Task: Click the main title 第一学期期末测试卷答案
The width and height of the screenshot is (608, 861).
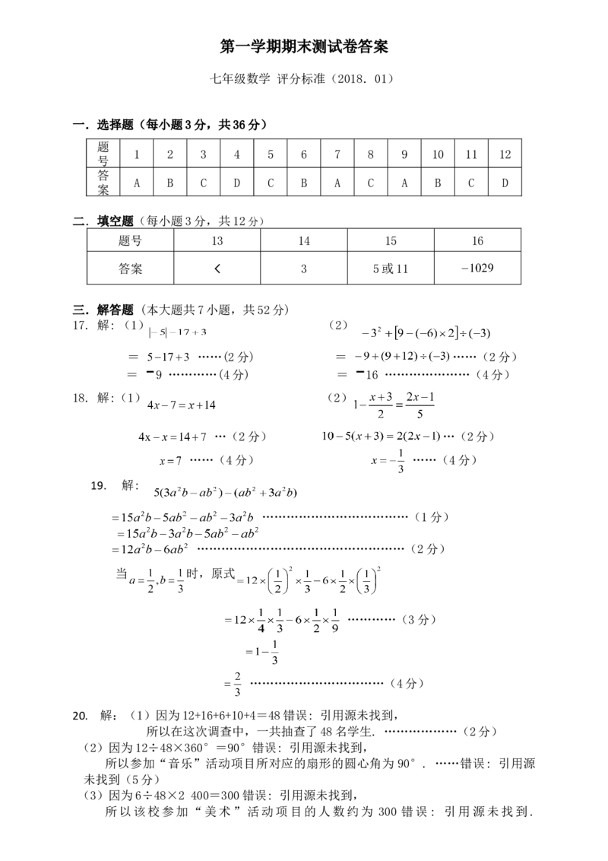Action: tap(304, 47)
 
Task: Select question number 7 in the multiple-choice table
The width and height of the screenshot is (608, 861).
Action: tap(337, 154)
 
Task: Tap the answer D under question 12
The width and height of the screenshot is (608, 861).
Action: tap(505, 183)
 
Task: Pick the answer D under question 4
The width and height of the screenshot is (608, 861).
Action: tap(236, 183)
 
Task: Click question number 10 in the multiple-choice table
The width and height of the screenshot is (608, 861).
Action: tap(438, 154)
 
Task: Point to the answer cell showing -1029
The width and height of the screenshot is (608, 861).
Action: tap(477, 268)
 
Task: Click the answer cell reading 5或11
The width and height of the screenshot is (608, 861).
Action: tap(391, 268)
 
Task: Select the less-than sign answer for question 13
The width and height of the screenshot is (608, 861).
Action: tap(217, 268)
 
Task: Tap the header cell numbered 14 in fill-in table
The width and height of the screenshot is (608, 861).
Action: tap(304, 240)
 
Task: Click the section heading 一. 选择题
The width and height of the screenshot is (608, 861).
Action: tap(103, 125)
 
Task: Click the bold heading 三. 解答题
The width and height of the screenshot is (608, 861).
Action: tap(103, 310)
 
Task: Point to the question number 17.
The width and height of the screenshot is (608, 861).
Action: tap(80, 326)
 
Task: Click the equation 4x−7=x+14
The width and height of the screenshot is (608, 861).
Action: tap(182, 405)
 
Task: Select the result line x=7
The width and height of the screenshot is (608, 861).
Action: tap(171, 461)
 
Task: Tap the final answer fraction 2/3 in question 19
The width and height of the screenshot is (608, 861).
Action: tap(237, 685)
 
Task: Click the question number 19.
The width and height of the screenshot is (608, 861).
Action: tap(99, 485)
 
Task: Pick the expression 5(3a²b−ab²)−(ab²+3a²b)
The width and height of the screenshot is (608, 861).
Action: tap(226, 492)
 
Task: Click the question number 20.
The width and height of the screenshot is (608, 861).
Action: tap(81, 716)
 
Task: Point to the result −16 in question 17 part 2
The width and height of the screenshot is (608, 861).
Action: tap(367, 374)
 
